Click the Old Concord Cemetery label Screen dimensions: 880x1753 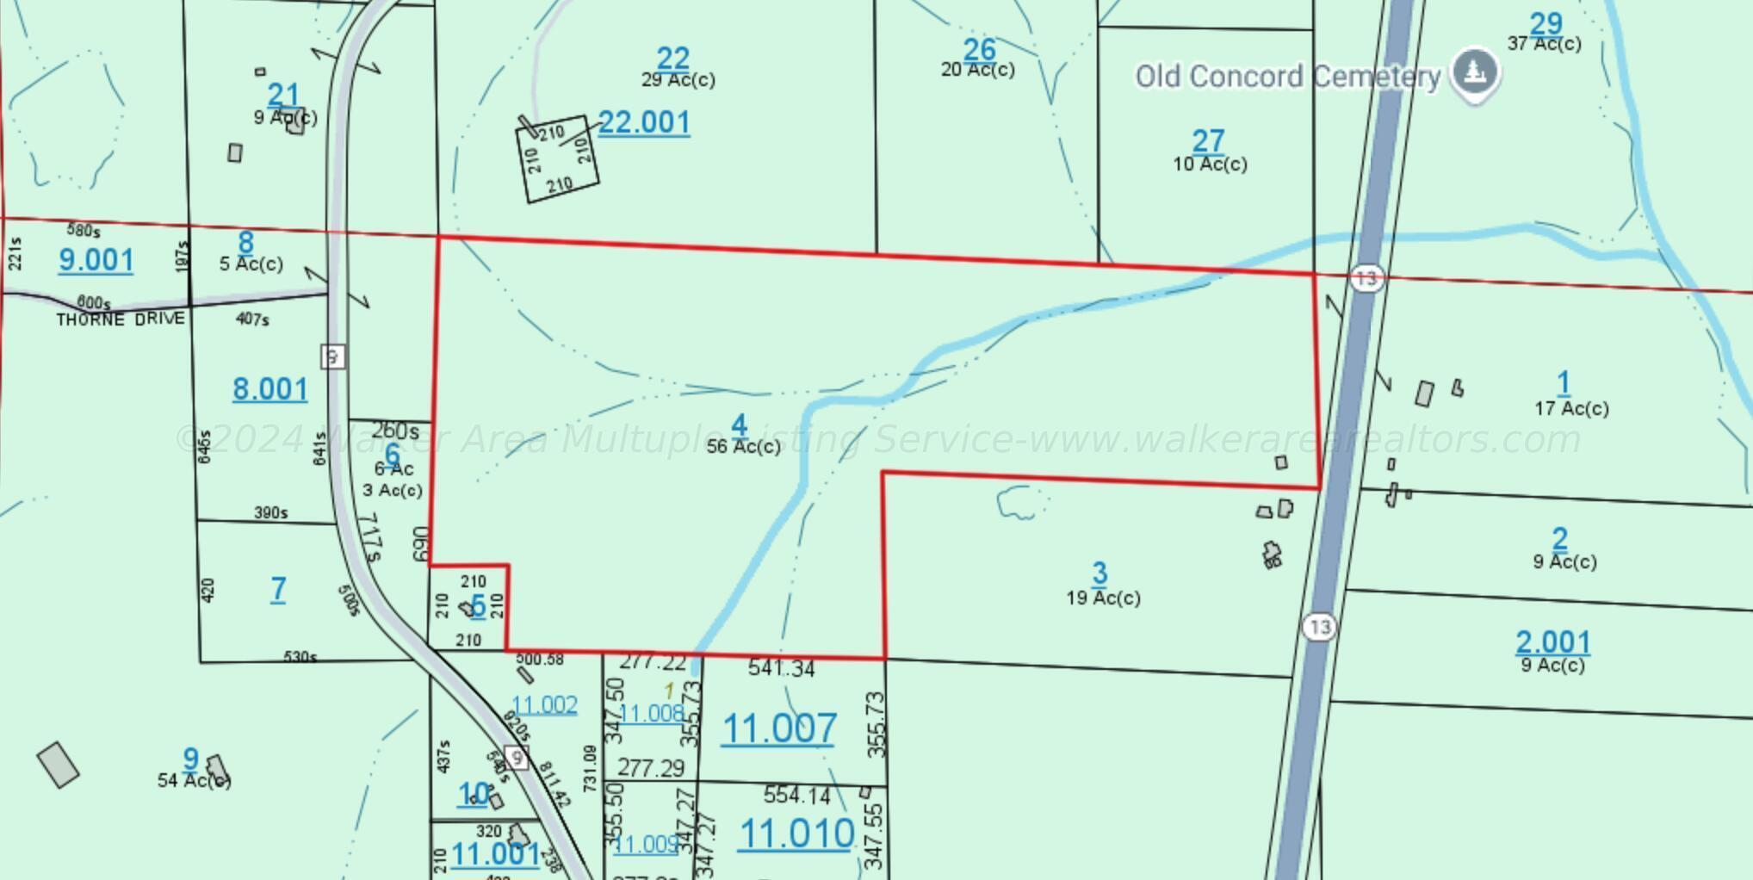coord(1287,77)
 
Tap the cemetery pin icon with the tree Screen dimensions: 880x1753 coord(1476,72)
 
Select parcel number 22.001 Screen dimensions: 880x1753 coord(644,122)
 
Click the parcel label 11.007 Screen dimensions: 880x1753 coord(778,728)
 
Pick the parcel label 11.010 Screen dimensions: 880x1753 coord(796,834)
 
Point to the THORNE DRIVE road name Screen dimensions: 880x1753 coord(121,319)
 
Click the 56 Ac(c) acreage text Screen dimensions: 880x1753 coord(744,446)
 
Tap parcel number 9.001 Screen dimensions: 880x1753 coord(96,260)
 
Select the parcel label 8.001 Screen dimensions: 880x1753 coord(270,389)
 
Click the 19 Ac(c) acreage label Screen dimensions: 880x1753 coord(1103,598)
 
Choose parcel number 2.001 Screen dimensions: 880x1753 coord(1553,642)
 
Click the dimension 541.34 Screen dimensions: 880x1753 coord(781,668)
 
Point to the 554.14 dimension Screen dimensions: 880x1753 coord(796,795)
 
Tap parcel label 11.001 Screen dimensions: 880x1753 coord(495,854)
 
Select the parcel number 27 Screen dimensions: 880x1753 coord(1208,140)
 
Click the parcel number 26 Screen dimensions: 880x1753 coord(980,50)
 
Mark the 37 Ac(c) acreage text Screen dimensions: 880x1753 coord(1544,43)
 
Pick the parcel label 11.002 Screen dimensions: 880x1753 coord(544,705)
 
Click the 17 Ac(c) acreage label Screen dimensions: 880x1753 coord(1571,408)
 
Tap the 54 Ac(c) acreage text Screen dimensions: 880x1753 coord(194,780)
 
